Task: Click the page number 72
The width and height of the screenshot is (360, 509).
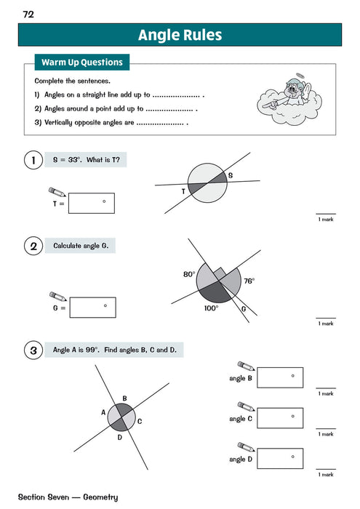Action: click(x=28, y=13)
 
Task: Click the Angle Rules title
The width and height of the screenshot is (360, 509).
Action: click(x=180, y=35)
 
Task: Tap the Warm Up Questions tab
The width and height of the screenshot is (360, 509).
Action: click(x=81, y=62)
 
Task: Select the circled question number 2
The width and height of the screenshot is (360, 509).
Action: click(x=33, y=247)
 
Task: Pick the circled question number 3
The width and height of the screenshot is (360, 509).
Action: click(x=33, y=350)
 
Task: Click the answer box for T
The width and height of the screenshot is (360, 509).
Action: click(x=92, y=204)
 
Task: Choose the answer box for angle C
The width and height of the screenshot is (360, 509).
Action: click(x=280, y=418)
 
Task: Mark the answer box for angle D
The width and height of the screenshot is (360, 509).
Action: click(x=280, y=458)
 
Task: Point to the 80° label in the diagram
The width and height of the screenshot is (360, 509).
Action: click(x=189, y=275)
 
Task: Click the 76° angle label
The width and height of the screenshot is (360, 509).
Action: click(x=249, y=281)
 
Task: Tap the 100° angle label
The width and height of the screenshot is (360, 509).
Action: click(x=211, y=308)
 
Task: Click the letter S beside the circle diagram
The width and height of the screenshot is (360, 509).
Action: click(x=231, y=176)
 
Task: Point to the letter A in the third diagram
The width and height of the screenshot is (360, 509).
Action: click(x=103, y=413)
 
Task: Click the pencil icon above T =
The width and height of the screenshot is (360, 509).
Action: click(x=57, y=191)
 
